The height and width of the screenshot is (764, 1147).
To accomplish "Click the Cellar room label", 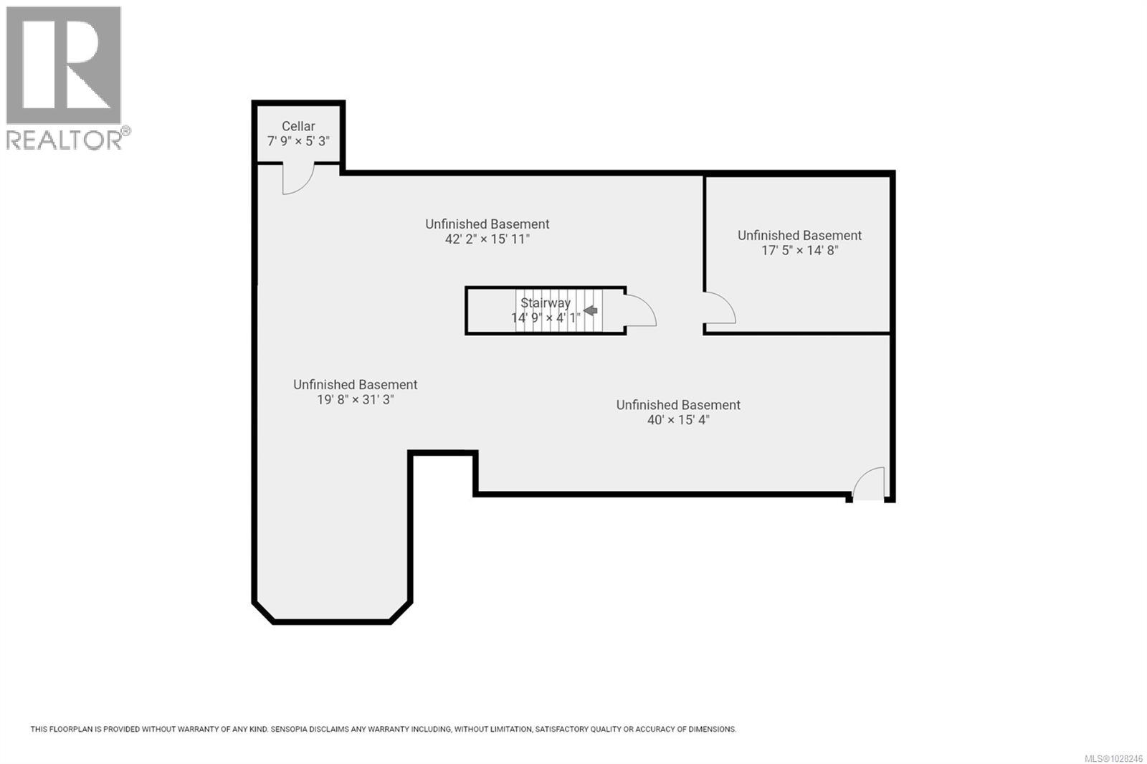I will click(x=298, y=126).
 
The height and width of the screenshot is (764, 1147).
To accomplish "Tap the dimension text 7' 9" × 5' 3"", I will click(x=298, y=141).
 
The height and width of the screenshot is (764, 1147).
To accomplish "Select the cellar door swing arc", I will click(x=298, y=179).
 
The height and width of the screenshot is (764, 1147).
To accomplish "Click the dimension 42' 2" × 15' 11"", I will click(x=487, y=239).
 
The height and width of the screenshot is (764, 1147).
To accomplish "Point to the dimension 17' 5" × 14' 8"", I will click(x=799, y=251).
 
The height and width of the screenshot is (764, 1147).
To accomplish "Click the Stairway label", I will click(x=545, y=303).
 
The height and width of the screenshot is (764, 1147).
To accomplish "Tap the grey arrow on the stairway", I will click(x=591, y=310).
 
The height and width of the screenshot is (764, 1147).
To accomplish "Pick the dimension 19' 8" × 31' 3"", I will click(x=355, y=400).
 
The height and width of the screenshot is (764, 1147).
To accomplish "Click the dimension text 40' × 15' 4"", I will click(x=678, y=420).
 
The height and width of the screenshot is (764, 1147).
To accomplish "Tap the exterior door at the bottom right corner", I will click(x=870, y=484).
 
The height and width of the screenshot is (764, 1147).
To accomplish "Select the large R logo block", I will click(x=63, y=65).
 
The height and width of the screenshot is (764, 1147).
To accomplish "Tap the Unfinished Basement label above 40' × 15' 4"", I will click(x=678, y=405).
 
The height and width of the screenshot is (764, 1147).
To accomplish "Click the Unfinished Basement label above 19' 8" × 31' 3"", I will click(x=355, y=385).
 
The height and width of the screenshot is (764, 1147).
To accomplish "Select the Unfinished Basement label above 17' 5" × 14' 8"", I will click(x=799, y=236).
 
